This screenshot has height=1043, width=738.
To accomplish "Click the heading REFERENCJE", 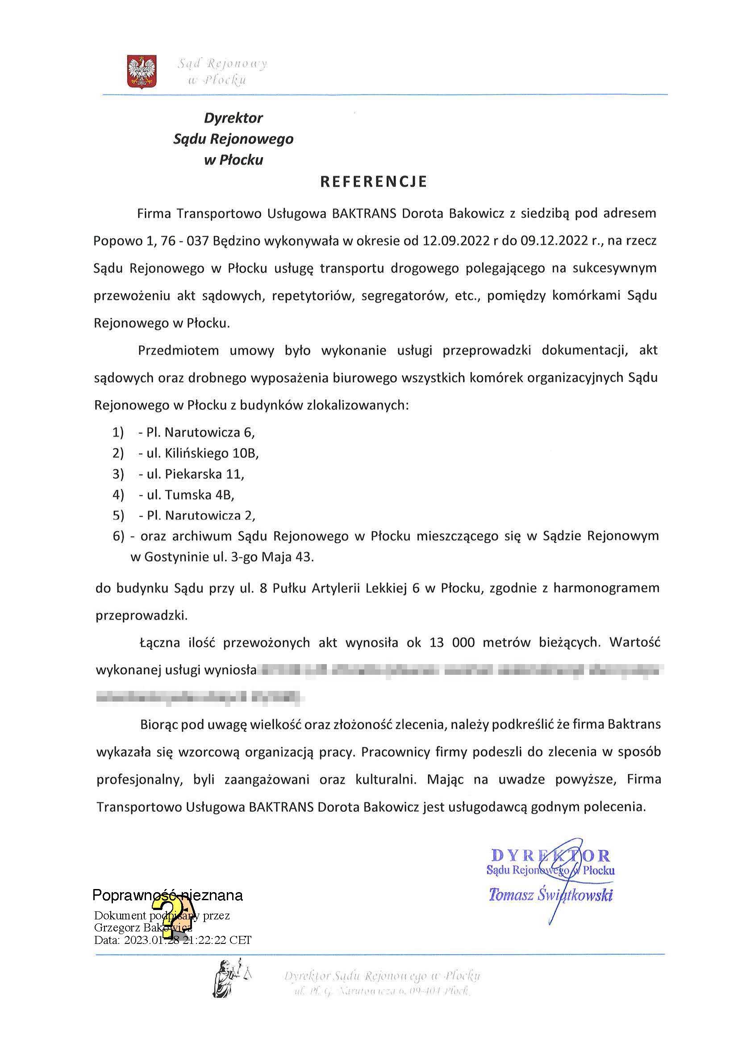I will pyautogui.click(x=374, y=182).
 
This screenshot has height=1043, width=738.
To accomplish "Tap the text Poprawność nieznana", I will pyautogui.click(x=168, y=895).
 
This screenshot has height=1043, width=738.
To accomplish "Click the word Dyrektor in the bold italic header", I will pyautogui.click(x=233, y=118).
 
